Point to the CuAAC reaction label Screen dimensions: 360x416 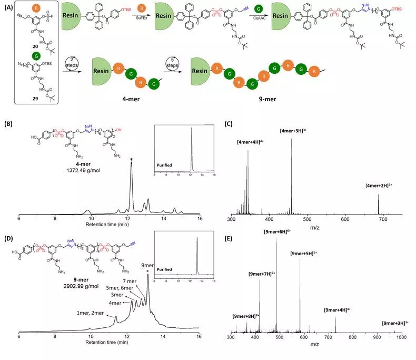273,31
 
